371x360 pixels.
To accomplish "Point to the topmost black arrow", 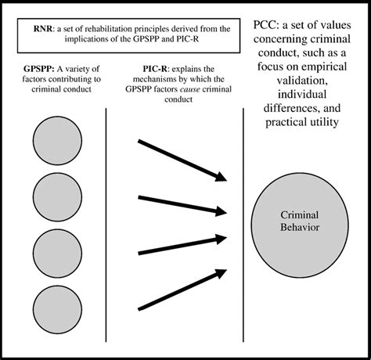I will [x=182, y=160].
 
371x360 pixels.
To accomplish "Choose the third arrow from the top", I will [x=182, y=242].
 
